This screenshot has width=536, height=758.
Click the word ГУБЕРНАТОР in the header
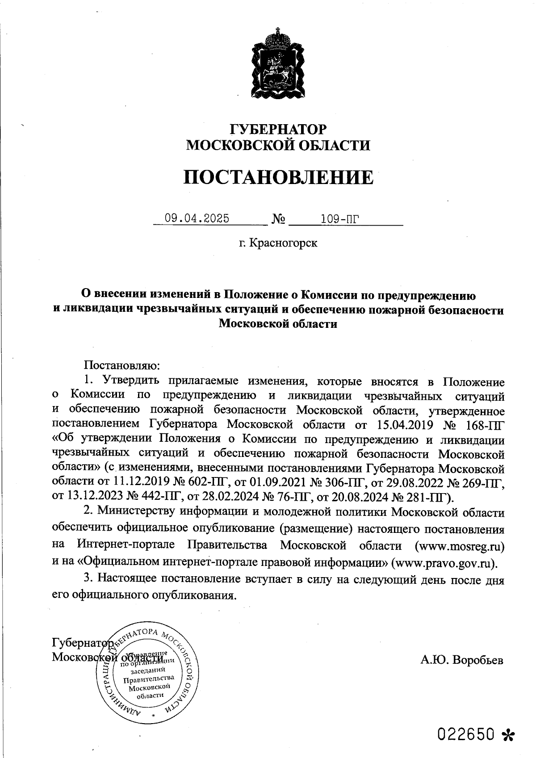(x=277, y=129)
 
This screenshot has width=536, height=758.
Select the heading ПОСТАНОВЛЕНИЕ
(x=278, y=177)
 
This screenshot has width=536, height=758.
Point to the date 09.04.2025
(x=197, y=218)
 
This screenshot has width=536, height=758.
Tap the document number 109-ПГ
(x=340, y=219)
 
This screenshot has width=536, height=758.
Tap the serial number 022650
(x=466, y=734)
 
